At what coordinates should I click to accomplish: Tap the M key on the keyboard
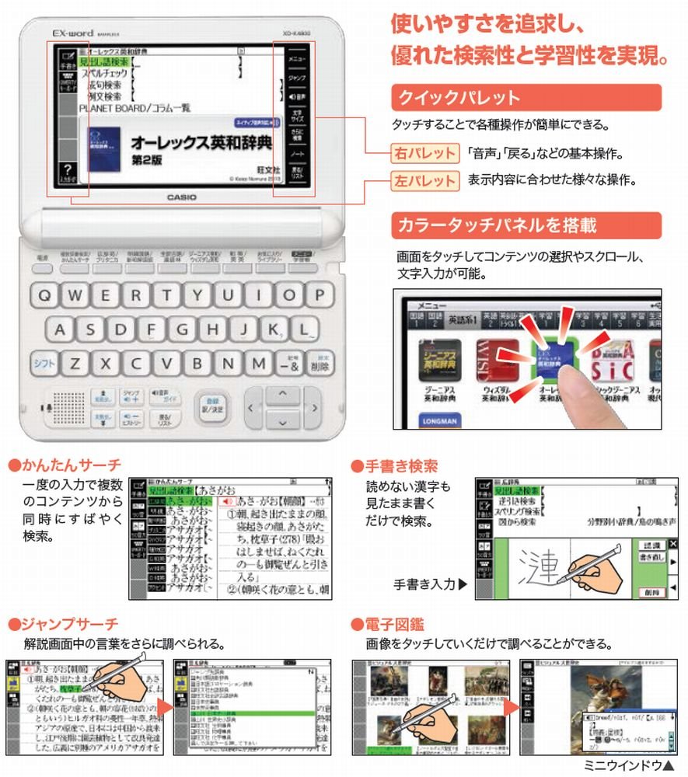[258, 363]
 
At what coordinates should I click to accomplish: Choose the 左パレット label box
[424, 181]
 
